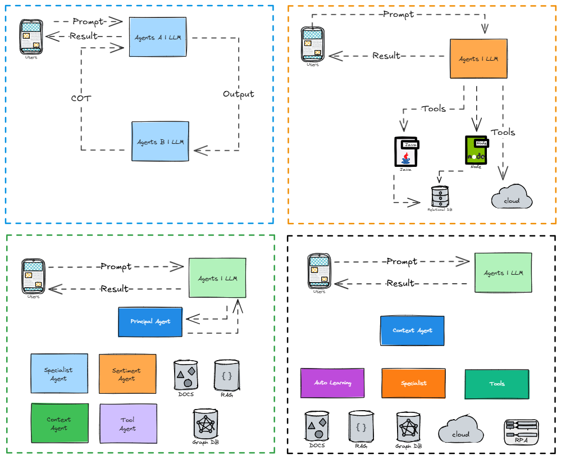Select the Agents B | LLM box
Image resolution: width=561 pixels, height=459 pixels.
tap(160, 142)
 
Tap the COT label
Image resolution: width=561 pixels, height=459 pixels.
tap(81, 98)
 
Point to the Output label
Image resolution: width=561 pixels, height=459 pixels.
tap(238, 94)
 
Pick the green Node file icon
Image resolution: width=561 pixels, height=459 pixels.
tap(476, 149)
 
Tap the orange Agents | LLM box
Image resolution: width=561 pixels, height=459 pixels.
tap(478, 58)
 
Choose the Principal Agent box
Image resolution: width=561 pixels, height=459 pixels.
tap(150, 321)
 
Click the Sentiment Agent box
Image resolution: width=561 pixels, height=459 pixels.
tap(127, 374)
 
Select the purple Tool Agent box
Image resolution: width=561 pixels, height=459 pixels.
tap(127, 424)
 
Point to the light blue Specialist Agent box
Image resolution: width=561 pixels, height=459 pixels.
tap(59, 374)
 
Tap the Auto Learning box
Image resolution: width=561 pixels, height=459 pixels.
tap(332, 383)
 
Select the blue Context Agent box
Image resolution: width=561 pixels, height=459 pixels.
tap(412, 330)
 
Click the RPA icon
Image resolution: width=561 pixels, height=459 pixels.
tap(521, 432)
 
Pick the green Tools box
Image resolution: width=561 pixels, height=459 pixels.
tap(497, 383)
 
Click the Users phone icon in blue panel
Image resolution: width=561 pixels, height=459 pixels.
tap(31, 37)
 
